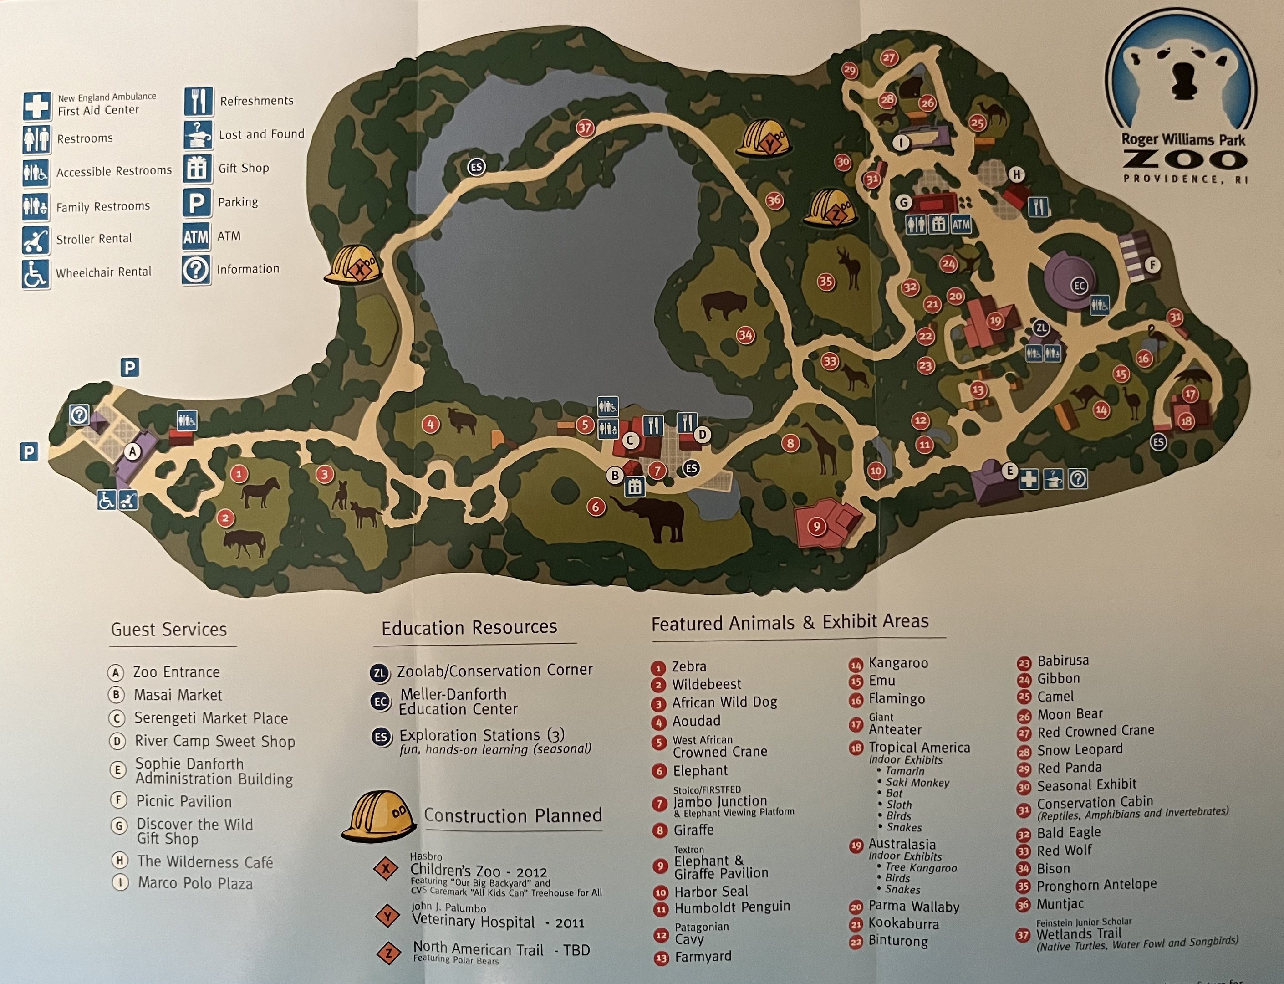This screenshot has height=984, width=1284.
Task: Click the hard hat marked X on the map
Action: [x=354, y=265]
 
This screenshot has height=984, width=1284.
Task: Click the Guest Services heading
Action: [x=168, y=630]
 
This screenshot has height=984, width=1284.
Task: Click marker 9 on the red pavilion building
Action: [x=817, y=527]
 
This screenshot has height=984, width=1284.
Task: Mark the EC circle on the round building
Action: [x=1079, y=286]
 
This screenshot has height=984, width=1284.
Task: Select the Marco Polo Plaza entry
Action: [x=195, y=883]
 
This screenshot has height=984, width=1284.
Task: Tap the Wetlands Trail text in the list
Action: [x=1079, y=933]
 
